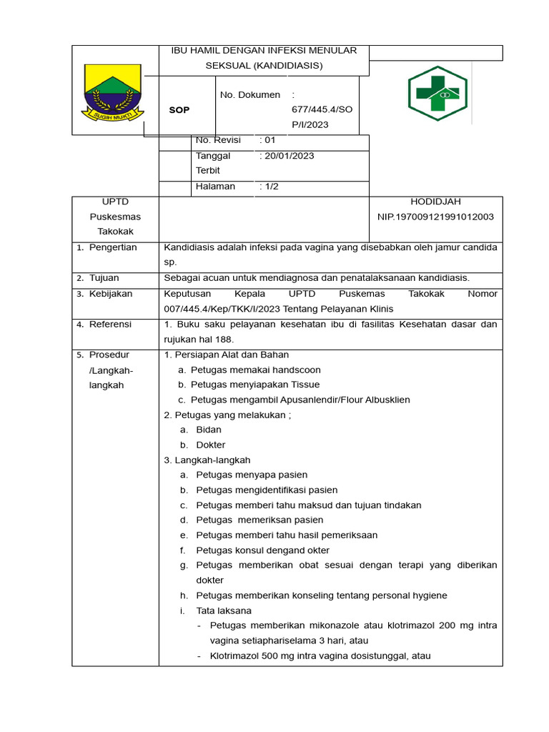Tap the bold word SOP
[179, 110]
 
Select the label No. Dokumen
[249, 95]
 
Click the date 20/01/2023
[289, 156]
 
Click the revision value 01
[269, 140]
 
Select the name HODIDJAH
[435, 202]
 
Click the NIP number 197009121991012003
[435, 217]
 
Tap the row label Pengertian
[113, 247]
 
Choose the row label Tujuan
[104, 278]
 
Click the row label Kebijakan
[111, 294]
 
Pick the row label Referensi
[111, 325]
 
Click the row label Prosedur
[110, 355]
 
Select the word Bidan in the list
[209, 430]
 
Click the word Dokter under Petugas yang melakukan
[211, 445]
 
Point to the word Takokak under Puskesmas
[115, 232]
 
